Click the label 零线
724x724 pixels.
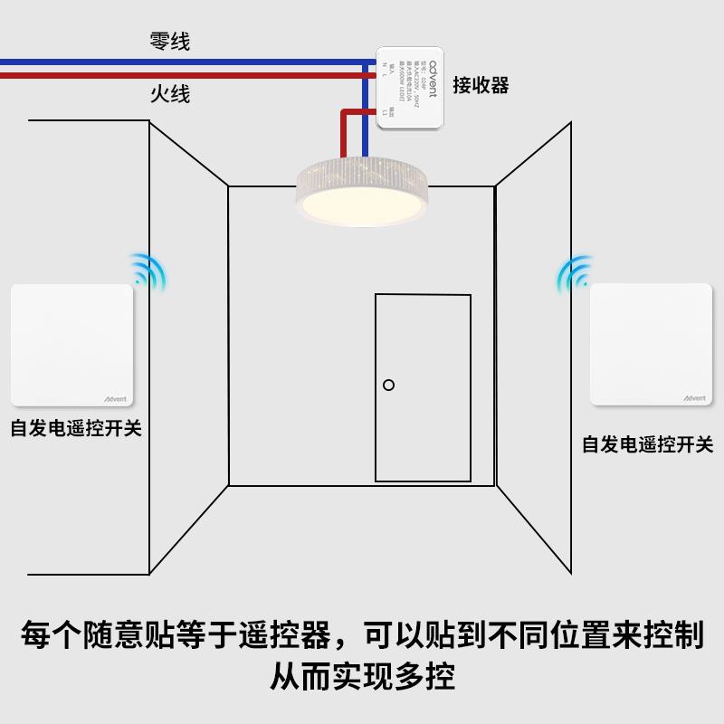click(169, 41)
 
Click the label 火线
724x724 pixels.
click(169, 93)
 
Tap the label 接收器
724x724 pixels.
click(481, 85)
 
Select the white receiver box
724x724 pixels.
click(410, 87)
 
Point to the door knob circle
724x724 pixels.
click(388, 385)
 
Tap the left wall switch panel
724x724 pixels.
click(71, 346)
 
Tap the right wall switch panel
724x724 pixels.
click(652, 345)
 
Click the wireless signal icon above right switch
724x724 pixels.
click(574, 271)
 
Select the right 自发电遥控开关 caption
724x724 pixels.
click(647, 444)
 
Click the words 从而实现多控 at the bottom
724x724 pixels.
click(362, 675)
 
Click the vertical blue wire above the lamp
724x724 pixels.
click(365, 136)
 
